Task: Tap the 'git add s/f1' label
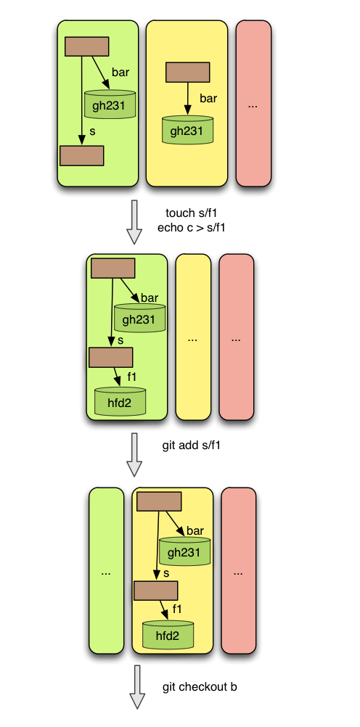[x=191, y=446]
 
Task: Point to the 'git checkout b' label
[x=200, y=686]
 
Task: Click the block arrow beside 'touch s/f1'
[x=134, y=222]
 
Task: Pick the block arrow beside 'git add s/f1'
[x=134, y=455]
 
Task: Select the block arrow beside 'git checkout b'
[x=137, y=687]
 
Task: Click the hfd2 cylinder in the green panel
[x=120, y=401]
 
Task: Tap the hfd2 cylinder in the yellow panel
[x=168, y=635]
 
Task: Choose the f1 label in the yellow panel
[x=177, y=609]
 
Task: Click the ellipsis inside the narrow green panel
[x=106, y=573]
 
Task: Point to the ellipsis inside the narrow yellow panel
[x=192, y=340]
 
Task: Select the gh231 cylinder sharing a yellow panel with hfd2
[x=184, y=551]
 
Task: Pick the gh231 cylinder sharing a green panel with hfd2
[x=139, y=319]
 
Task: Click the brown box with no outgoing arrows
[x=81, y=156]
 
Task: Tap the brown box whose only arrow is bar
[x=187, y=73]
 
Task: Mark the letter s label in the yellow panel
[x=166, y=573]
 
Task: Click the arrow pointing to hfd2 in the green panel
[x=117, y=377]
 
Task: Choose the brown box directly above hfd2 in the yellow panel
[x=156, y=591]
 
